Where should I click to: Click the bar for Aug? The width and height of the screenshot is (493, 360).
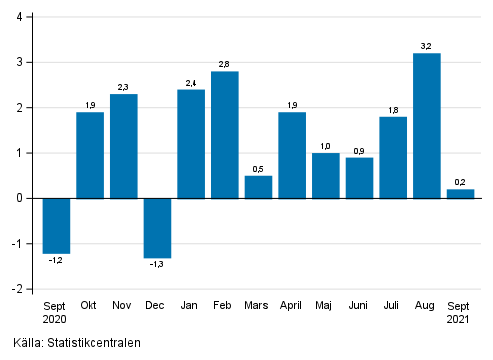(x=427, y=125)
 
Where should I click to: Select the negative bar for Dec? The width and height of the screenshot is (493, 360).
(x=158, y=228)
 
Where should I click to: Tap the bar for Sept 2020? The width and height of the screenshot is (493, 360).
(x=56, y=225)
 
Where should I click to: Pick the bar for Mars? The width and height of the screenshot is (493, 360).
(x=259, y=187)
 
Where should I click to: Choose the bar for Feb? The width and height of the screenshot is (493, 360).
(x=225, y=135)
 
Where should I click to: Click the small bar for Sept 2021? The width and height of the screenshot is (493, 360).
(x=461, y=194)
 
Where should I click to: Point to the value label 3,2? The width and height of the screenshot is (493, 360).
(x=427, y=45)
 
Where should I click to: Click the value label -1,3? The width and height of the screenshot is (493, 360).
(x=158, y=266)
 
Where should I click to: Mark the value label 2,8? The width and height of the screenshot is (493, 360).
(x=225, y=63)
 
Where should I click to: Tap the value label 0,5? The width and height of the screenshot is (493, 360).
(x=259, y=168)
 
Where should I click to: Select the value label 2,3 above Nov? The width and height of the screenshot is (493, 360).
(x=124, y=86)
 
